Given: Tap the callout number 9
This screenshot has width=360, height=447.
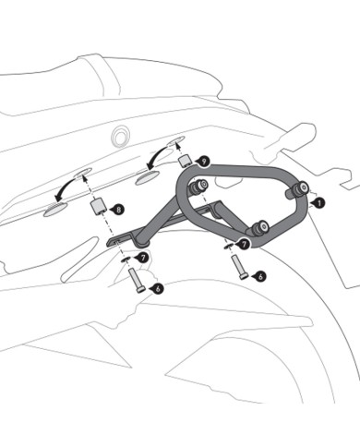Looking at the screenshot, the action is click(x=204, y=161).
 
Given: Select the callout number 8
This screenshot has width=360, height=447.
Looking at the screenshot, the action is click(x=120, y=211).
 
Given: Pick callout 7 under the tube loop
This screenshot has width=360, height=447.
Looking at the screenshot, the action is click(x=243, y=245).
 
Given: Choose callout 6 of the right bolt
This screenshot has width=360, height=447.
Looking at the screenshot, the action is click(x=261, y=274).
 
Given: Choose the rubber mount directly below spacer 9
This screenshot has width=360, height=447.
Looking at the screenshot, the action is click(x=196, y=187).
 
